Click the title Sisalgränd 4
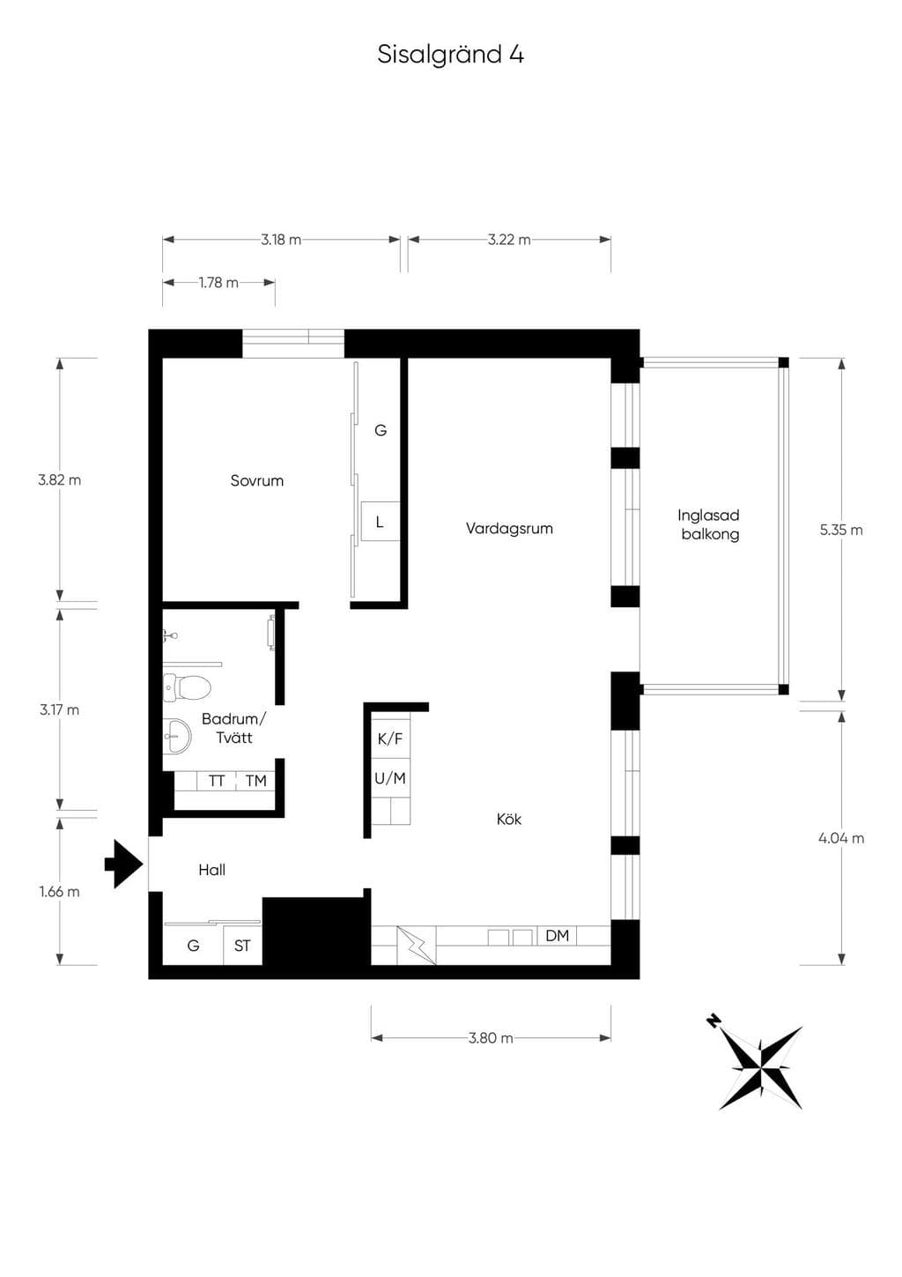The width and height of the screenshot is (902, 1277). point(450,55)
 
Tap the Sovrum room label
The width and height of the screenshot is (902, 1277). point(257,480)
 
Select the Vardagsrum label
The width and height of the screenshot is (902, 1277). point(509,529)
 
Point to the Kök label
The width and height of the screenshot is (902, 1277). point(509,820)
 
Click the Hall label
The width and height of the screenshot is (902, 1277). point(212,870)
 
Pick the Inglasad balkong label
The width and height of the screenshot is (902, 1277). point(709,525)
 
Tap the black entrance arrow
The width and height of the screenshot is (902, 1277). point(123,865)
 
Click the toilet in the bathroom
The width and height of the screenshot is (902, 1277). point(187,687)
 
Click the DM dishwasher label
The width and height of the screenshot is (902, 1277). point(557,936)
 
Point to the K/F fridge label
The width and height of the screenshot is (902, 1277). point(389,739)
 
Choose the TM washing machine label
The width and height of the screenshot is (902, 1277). point(255,781)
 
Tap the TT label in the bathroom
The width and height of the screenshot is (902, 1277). point(217,781)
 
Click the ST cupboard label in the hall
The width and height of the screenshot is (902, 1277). point(242,946)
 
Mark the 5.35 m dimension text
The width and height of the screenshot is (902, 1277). point(841,531)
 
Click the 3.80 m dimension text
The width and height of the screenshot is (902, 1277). point(492,1038)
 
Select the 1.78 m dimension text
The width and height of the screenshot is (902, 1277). point(218,283)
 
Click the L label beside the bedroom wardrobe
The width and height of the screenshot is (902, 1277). point(380,522)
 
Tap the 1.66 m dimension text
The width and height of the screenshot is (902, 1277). point(59,892)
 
